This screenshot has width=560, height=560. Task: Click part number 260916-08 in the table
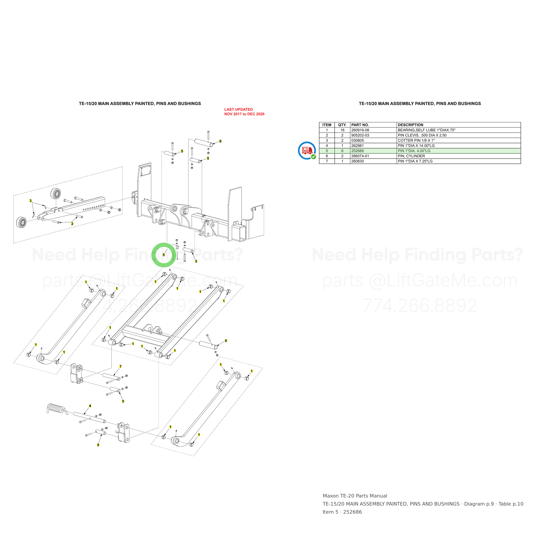[x=360, y=130]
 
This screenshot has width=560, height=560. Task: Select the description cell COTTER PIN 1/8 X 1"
[x=416, y=140]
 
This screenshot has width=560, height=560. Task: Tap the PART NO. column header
[x=360, y=125]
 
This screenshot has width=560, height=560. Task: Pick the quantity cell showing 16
[x=342, y=130]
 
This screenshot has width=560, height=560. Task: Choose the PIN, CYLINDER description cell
[x=411, y=156]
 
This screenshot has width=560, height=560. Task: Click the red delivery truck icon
[x=307, y=151]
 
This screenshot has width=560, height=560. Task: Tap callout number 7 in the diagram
[x=120, y=366]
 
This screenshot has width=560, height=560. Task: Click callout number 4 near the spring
[x=90, y=406]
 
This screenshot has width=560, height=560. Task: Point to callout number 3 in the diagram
[x=30, y=200]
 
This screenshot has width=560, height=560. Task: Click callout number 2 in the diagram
[x=72, y=224]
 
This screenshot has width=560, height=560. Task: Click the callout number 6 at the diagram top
[x=220, y=141]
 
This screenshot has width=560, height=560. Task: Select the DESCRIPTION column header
[x=410, y=125]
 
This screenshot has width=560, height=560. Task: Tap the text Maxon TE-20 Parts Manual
[x=355, y=496]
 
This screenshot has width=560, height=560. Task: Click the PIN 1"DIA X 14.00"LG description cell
[x=416, y=146]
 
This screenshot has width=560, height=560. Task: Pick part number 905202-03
[x=360, y=135]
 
